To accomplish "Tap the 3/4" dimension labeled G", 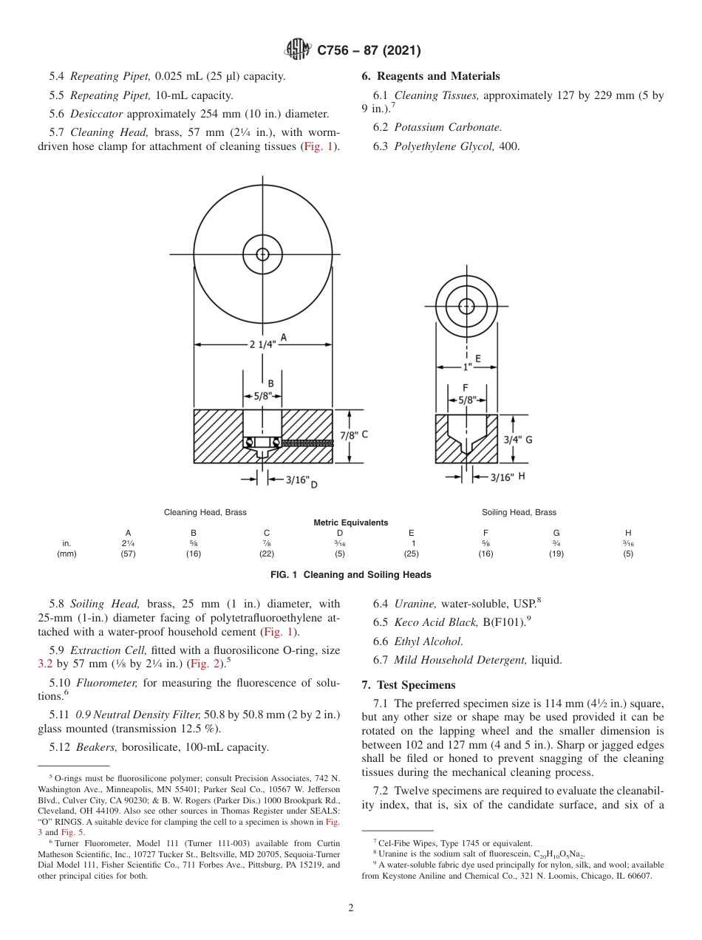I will (517, 439).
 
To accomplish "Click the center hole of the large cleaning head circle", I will (262, 253).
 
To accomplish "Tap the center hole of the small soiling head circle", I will (466, 306).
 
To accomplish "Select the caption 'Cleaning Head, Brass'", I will (205, 512).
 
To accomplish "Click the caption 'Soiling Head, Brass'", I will (519, 512).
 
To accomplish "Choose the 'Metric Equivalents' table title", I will (350, 522).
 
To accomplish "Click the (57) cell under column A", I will (128, 554).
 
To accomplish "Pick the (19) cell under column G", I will (556, 554).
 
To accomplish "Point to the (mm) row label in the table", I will (67, 554).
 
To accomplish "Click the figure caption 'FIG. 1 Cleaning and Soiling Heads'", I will (350, 575).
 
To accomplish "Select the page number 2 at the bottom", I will (351, 907).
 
